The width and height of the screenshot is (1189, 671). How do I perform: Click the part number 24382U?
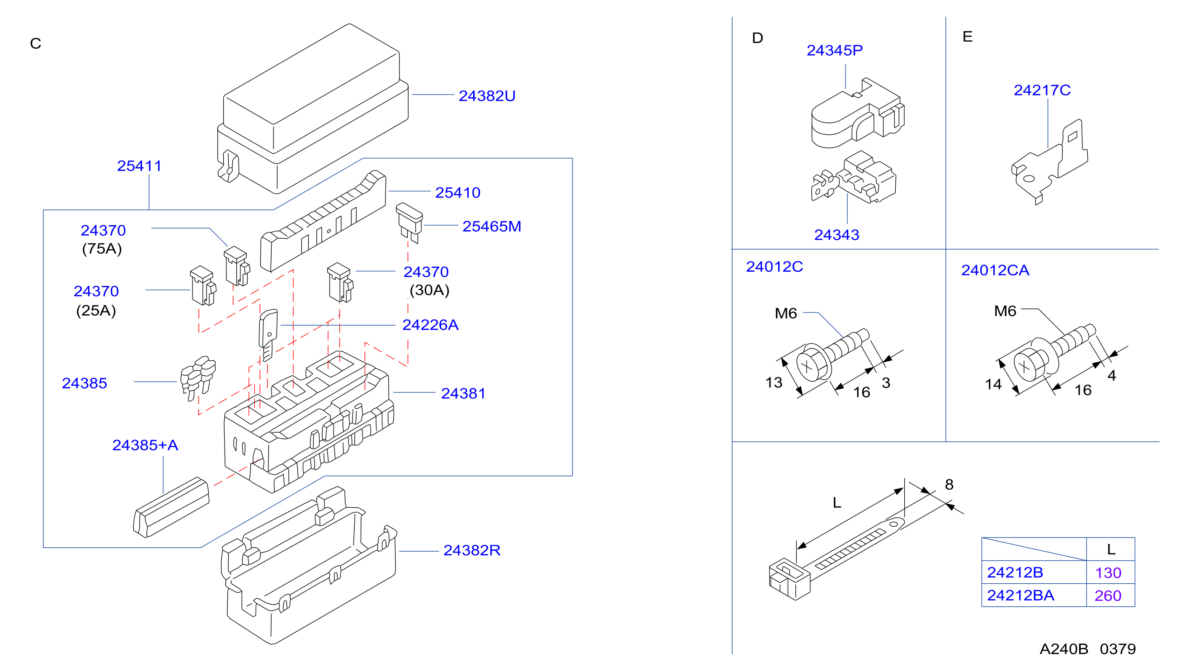point(487,95)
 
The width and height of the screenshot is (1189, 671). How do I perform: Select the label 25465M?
point(492,226)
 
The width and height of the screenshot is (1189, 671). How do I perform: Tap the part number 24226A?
point(430,325)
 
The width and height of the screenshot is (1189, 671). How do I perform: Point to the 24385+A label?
point(145,445)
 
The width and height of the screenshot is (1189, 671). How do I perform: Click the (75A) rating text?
point(102,248)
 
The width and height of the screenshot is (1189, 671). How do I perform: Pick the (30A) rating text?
point(429,290)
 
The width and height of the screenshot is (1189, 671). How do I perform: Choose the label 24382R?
point(472,550)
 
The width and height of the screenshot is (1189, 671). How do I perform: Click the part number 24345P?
point(835,50)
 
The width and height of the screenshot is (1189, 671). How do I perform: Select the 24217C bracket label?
point(1042,90)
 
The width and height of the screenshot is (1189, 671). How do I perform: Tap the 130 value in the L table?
point(1108,572)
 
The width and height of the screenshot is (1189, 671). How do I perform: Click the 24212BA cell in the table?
point(1020,595)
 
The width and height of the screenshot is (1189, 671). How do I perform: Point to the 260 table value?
point(1108,596)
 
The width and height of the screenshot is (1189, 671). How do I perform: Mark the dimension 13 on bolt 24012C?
point(774,383)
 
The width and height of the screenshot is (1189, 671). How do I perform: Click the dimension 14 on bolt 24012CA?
point(993,384)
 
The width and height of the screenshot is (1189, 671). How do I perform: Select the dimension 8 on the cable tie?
point(949,484)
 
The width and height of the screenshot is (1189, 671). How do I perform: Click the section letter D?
point(757,38)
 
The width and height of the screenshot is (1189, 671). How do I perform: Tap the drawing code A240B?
point(1063,649)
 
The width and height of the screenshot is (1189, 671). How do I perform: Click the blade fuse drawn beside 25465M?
point(409,223)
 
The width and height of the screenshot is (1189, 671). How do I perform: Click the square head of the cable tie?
point(790,579)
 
